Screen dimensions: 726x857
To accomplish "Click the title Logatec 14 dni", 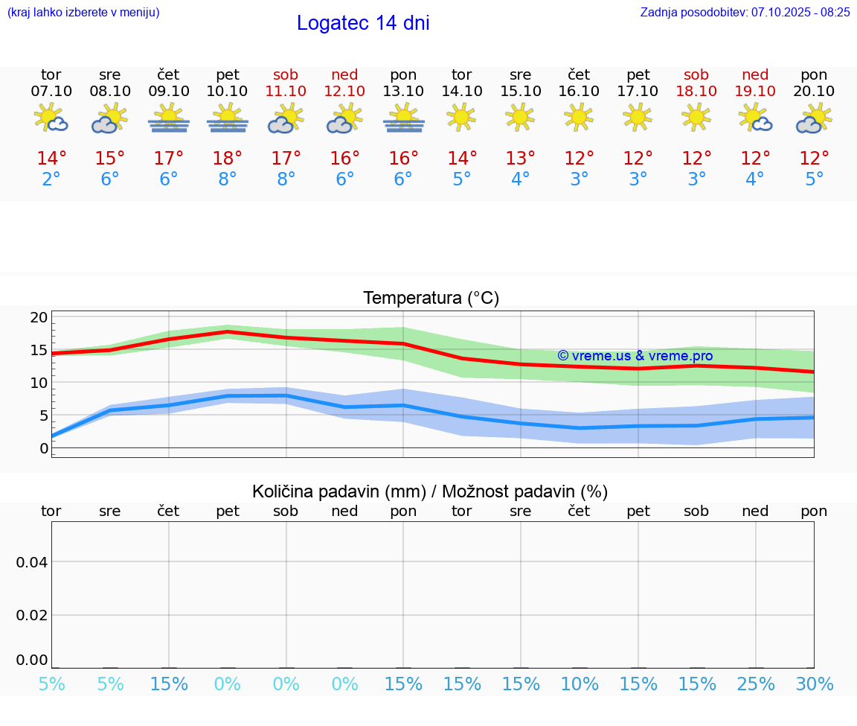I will coord(363,23).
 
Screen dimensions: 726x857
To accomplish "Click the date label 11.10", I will coord(286,91).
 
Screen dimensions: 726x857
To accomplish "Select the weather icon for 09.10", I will coord(169,118).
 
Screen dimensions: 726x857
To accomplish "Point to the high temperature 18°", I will coord(227,159).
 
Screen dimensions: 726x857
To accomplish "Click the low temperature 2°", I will coord(51,179).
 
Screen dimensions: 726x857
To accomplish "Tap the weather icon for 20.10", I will coord(814,118).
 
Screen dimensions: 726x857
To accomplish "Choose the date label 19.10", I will coord(755,91).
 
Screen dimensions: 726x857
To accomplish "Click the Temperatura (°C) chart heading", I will coord(431,299).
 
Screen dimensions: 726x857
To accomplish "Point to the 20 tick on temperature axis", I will coord(39,317).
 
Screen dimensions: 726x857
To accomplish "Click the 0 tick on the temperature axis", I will coord(43,448).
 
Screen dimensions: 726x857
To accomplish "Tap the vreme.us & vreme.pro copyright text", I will coord(635,356).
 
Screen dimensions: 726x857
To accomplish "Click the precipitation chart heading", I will coord(430,491).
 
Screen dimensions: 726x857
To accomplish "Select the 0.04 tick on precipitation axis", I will coord(32,562).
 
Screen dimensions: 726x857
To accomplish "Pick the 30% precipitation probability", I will coord(814,684).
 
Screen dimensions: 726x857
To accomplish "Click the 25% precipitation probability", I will coord(755,684).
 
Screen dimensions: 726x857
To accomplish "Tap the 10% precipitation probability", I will coord(580,684).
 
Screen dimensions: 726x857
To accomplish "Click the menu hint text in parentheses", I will coord(83,12).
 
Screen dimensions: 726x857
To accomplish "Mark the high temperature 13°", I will coord(520,159).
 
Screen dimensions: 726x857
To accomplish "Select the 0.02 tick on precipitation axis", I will coord(32,615).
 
